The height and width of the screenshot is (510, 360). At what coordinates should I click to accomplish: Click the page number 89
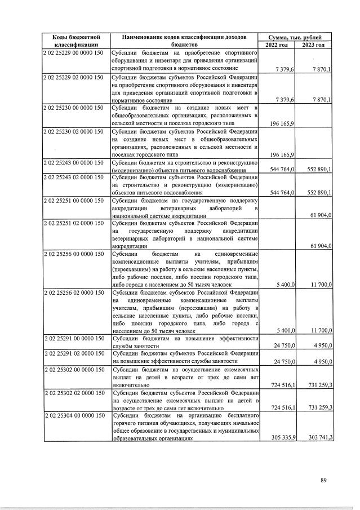click(323, 480)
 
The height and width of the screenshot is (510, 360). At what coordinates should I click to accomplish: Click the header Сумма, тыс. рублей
click(295, 37)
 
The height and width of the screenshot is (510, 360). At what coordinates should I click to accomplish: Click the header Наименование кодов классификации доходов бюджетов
click(185, 41)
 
